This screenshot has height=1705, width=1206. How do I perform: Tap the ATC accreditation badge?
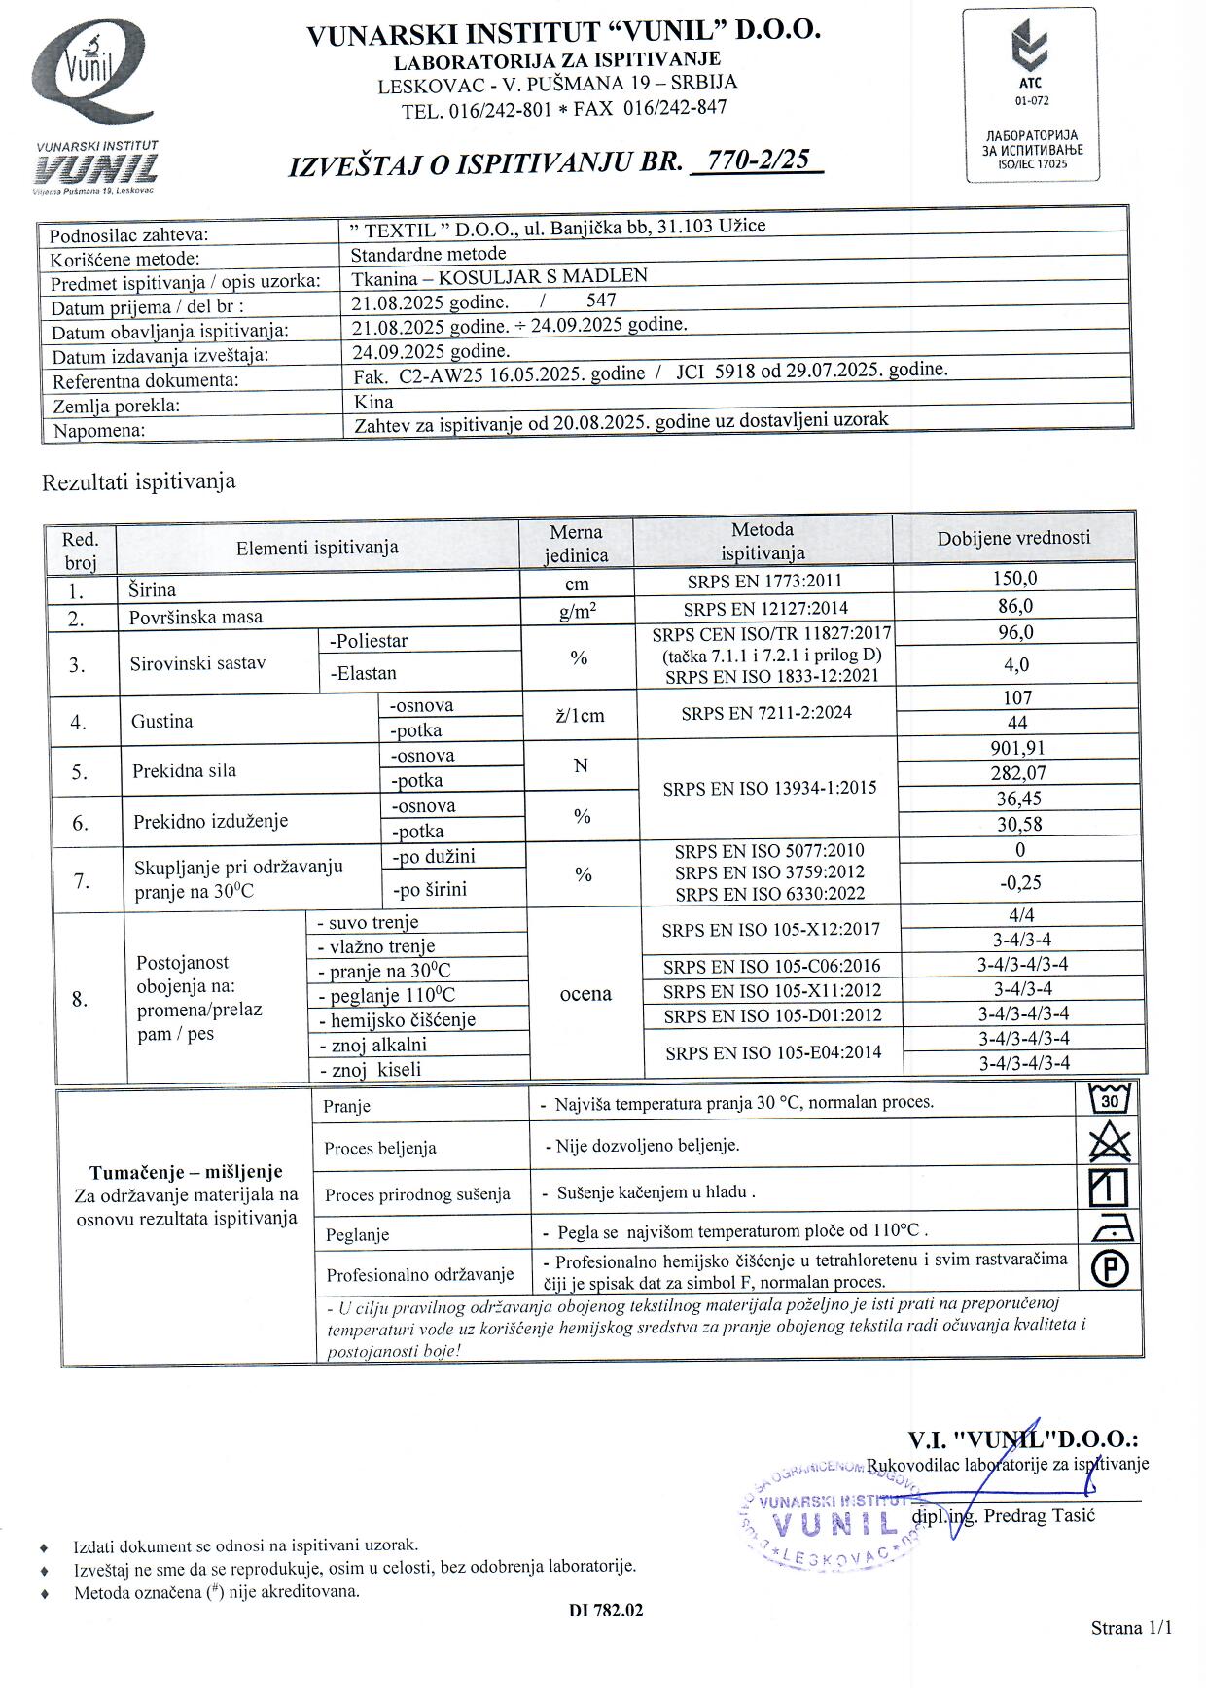(1032, 94)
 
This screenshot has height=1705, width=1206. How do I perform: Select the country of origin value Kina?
(373, 401)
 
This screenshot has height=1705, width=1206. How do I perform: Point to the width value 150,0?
(1014, 578)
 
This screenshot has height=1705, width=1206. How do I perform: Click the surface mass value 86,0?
(1014, 606)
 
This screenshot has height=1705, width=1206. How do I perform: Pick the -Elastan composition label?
(364, 673)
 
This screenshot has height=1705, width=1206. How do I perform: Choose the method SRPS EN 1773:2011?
(763, 582)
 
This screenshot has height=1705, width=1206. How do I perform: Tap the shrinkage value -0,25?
(1020, 882)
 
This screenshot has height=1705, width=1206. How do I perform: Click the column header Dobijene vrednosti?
(1013, 538)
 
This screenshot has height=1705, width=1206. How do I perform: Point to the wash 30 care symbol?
(1110, 1100)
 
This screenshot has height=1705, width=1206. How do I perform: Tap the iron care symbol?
(1110, 1230)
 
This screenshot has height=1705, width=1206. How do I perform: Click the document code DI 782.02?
(606, 1610)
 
